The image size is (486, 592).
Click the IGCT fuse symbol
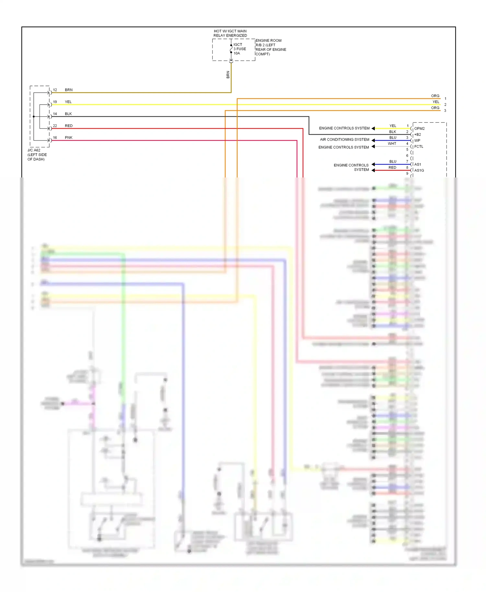231,49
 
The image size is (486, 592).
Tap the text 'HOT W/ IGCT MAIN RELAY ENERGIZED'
230,33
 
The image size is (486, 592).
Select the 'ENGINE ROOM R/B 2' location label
271,47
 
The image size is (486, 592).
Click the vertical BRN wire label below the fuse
228,75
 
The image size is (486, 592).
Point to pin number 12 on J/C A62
55,90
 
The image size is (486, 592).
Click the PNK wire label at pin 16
69,138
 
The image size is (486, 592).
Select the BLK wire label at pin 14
68,114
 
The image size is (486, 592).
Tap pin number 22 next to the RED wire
55,126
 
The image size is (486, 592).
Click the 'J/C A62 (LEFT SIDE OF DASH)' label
37,155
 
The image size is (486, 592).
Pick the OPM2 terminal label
419,129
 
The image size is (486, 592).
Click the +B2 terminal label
418,134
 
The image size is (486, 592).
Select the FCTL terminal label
419,146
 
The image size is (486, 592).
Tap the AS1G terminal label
419,170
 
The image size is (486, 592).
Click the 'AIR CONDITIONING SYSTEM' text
344,140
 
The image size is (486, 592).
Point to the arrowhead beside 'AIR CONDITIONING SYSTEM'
373,141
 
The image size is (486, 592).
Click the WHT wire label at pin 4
392,144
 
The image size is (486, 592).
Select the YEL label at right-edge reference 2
436,102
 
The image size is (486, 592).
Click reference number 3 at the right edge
445,111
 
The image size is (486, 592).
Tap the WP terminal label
417,141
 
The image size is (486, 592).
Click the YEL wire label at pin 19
68,102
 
